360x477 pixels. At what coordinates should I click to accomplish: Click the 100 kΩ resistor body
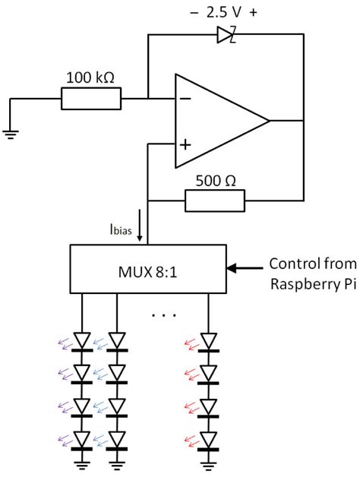point(91,99)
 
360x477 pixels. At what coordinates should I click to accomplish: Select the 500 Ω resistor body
point(215,201)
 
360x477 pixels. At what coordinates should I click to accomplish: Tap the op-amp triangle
point(216,121)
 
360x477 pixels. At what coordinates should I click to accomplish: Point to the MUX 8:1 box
point(148,268)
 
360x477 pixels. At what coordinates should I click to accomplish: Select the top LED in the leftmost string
point(82,340)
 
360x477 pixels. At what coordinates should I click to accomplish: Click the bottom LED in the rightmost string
point(209,440)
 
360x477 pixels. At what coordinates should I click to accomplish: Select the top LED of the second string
point(116,340)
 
